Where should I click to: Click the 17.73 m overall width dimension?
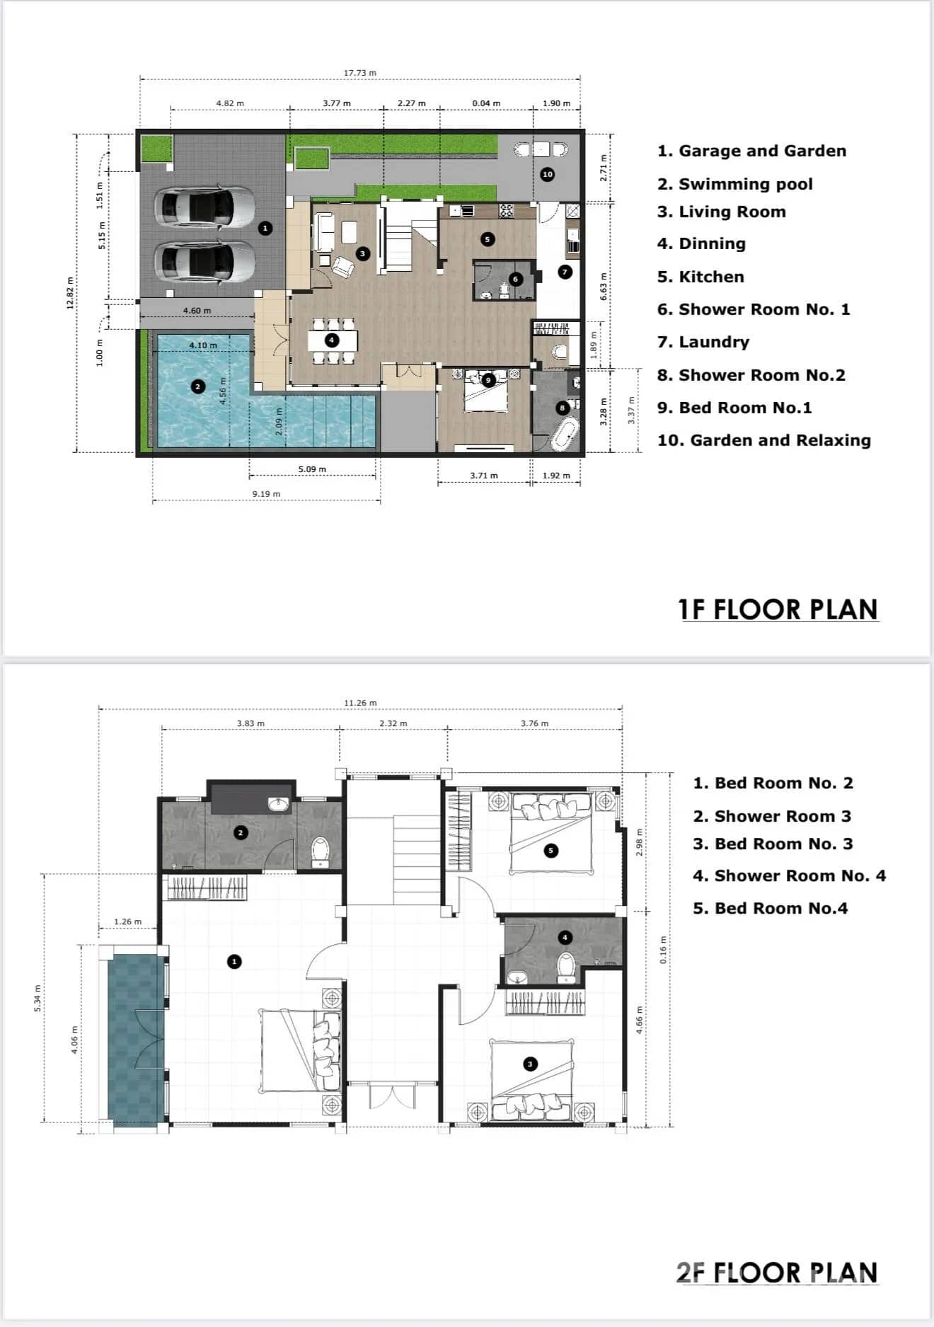[359, 73]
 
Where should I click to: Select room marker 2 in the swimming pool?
[198, 386]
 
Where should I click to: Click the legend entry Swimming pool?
[745, 184]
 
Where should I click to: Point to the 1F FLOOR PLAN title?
[778, 609]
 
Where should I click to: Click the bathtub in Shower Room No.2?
[565, 434]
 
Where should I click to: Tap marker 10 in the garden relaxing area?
[547, 174]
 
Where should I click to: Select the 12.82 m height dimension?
[69, 293]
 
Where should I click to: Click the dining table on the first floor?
[332, 340]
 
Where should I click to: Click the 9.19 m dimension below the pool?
[266, 493]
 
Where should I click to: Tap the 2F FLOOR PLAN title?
[776, 1273]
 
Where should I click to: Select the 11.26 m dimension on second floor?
[360, 703]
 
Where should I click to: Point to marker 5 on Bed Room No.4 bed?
[551, 851]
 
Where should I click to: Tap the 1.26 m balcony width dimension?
[127, 921]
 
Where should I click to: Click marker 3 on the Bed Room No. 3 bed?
[529, 1064]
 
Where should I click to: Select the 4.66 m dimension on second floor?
[639, 1021]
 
